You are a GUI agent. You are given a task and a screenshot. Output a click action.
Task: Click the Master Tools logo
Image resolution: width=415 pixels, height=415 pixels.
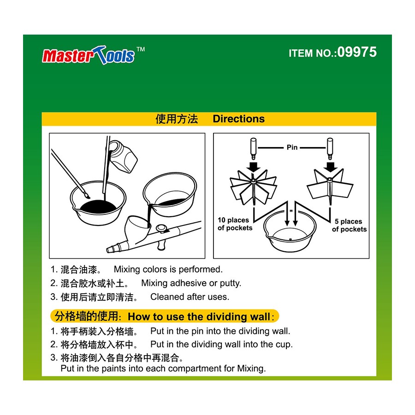tap(93, 55)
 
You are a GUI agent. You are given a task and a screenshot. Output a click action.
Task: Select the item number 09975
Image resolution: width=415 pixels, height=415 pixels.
tap(357, 52)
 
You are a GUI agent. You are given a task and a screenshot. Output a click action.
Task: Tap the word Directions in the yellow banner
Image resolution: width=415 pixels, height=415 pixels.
tap(238, 119)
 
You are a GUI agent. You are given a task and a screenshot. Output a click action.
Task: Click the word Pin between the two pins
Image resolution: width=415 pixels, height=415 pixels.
tap(292, 148)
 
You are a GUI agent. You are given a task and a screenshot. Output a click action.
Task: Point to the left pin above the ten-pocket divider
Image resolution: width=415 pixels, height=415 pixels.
tap(253, 148)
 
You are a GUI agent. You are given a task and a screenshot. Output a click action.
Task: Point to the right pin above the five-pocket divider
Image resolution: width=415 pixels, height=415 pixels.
tap(330, 148)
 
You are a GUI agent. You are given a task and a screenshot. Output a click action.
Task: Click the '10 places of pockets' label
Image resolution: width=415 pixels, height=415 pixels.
tap(235, 224)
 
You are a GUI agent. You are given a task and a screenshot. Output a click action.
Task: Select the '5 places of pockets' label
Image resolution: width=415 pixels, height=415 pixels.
tap(350, 225)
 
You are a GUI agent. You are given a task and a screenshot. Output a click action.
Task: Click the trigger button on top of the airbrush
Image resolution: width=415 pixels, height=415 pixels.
tap(161, 228)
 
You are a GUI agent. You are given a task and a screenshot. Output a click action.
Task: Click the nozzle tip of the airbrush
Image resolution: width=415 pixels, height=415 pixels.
tap(109, 249)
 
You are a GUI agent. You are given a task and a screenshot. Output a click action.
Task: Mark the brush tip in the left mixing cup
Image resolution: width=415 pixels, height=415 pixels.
tap(87, 196)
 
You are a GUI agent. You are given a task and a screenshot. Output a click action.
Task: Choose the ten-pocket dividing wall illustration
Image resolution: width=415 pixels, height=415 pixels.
tap(253, 187)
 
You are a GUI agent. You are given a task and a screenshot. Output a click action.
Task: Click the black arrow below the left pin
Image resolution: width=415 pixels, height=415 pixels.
tap(253, 167)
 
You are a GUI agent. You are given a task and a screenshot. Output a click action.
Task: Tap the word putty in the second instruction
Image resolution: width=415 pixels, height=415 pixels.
tap(230, 284)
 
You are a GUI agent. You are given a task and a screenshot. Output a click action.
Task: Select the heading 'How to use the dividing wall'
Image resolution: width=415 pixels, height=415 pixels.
tap(199, 316)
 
